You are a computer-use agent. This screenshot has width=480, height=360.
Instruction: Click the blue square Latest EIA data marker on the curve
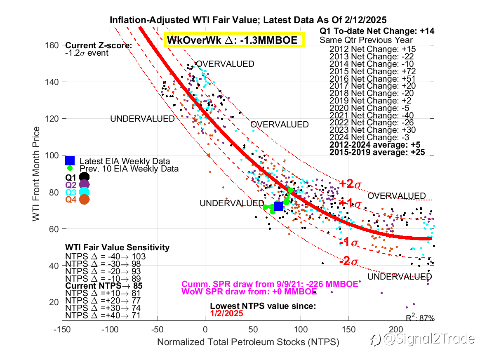click(x=278, y=206)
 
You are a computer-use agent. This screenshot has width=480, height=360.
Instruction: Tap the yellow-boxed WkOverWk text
click(x=234, y=40)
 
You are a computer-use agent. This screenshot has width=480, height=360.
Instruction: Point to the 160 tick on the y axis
click(x=52, y=45)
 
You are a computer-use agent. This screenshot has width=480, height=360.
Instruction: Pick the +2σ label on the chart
click(x=350, y=184)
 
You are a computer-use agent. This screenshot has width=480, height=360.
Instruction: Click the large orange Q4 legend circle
click(x=85, y=199)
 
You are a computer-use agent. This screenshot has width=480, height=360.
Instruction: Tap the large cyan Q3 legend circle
click(x=85, y=192)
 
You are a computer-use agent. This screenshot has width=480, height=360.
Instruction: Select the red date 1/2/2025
click(x=226, y=313)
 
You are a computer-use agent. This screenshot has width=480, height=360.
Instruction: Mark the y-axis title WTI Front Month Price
click(x=37, y=174)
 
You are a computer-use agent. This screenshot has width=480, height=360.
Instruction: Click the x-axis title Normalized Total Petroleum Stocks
click(x=248, y=342)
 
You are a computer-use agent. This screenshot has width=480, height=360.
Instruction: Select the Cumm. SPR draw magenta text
click(x=270, y=284)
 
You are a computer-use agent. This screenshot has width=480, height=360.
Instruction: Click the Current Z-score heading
click(x=99, y=46)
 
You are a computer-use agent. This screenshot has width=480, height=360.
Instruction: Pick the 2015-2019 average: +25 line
click(x=377, y=153)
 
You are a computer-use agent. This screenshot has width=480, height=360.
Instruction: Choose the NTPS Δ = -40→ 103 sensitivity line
click(x=106, y=256)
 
